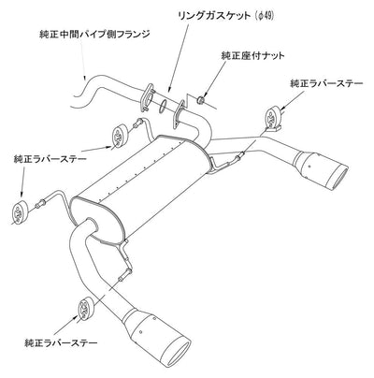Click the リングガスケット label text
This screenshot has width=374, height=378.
(x=214, y=16)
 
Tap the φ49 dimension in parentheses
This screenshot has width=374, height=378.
(x=264, y=16)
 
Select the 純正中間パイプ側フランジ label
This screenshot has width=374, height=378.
(x=94, y=34)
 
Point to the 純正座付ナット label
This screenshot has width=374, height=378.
(x=252, y=56)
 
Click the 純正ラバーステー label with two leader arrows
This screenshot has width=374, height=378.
(x=50, y=159)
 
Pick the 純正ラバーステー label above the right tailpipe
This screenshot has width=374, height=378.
(x=326, y=84)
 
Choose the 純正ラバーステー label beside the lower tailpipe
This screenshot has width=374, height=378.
(x=61, y=343)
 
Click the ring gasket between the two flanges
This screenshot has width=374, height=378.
(x=164, y=106)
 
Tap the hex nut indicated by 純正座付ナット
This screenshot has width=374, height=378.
(x=201, y=100)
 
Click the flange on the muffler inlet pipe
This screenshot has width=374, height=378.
(x=179, y=114)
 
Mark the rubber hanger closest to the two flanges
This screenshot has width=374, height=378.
(x=119, y=136)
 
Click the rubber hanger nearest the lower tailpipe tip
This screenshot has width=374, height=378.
(x=84, y=309)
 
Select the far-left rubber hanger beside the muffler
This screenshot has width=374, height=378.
(x=19, y=213)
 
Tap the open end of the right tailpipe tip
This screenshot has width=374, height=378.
(x=338, y=177)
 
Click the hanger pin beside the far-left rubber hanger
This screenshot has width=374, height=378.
(x=40, y=204)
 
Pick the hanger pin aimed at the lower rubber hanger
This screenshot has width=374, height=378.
(x=124, y=276)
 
